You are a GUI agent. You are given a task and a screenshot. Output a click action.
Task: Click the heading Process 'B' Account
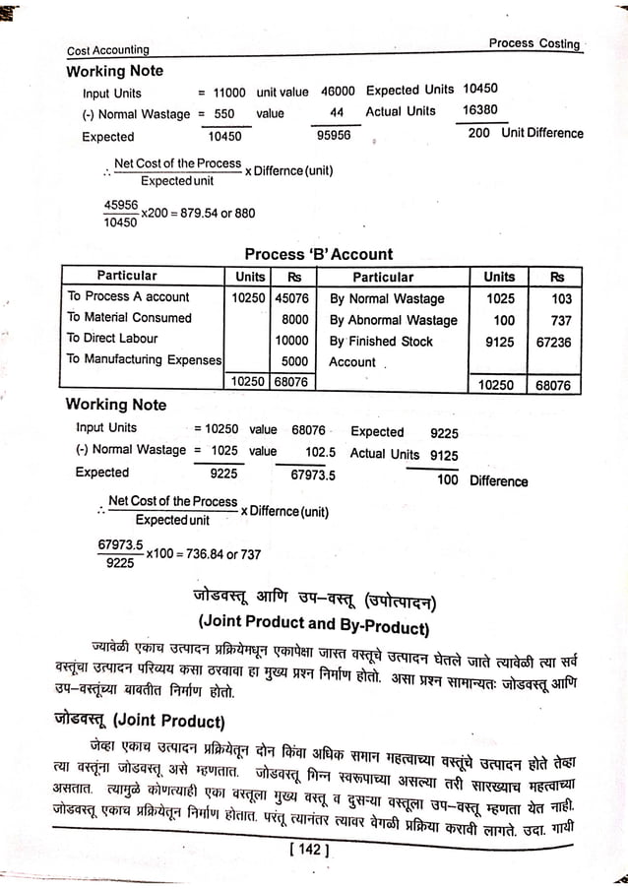point(318,254)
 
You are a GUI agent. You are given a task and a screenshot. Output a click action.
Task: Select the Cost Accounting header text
point(108,50)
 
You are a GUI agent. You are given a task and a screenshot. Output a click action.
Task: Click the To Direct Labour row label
point(112,339)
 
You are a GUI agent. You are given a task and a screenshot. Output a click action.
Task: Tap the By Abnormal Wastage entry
point(393,320)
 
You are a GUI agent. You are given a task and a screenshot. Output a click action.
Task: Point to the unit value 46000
point(338,91)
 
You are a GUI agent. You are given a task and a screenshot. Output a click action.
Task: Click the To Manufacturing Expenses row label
point(144,359)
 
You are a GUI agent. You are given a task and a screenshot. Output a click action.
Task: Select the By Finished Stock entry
point(381,341)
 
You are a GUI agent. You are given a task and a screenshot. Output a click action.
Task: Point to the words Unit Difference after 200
point(541,133)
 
